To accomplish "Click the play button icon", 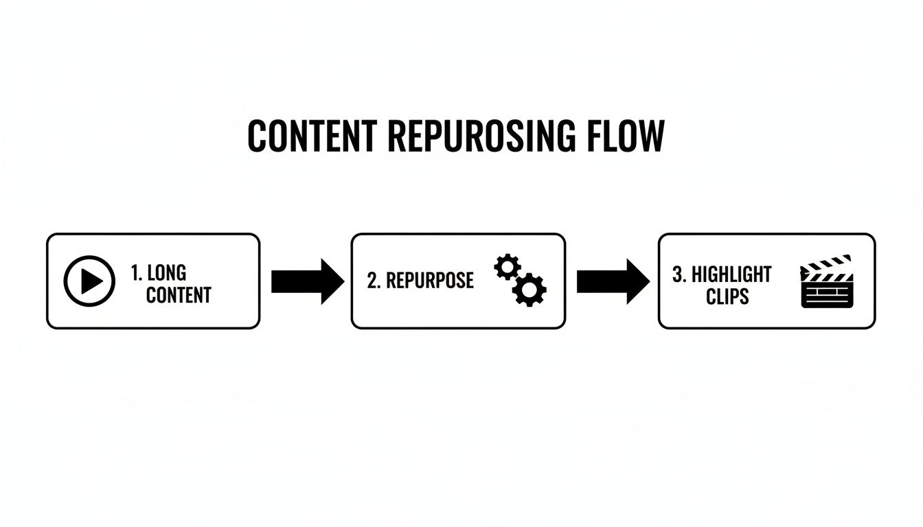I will click(x=89, y=281).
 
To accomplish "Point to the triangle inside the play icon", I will click(x=91, y=281).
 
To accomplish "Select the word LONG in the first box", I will click(x=167, y=272).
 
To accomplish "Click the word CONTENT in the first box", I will click(x=179, y=296).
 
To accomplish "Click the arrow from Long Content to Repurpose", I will click(x=307, y=281).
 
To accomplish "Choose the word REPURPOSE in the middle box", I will click(x=430, y=281).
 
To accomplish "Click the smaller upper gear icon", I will click(x=508, y=266).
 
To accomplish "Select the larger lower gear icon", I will click(x=529, y=289).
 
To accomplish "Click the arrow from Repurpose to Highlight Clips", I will click(x=612, y=281).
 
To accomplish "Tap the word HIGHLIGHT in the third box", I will click(x=731, y=274).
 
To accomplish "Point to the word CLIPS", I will click(x=727, y=297).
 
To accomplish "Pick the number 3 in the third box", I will click(x=678, y=274).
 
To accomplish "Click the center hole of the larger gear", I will click(x=529, y=290).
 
